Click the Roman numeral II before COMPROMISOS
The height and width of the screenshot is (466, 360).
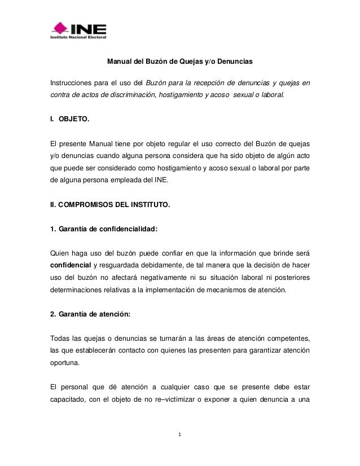(x=54, y=206)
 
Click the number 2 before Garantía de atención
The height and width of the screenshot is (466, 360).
(x=53, y=314)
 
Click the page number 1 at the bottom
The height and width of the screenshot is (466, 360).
(x=180, y=435)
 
